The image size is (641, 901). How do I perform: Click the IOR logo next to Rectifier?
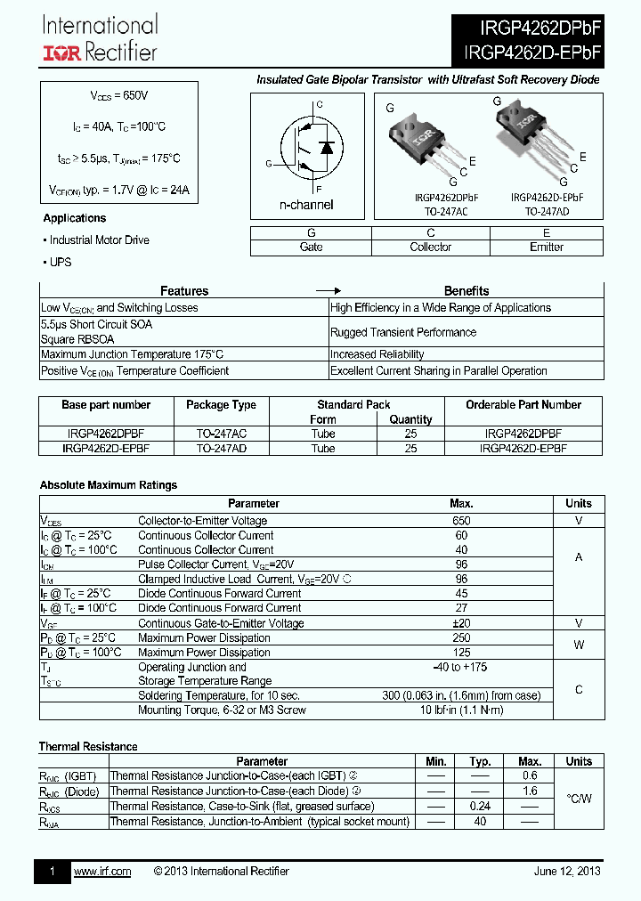point(62,53)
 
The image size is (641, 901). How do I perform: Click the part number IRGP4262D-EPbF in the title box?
point(532,53)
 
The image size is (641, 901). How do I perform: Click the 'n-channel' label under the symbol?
point(306,205)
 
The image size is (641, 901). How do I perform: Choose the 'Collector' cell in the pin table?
point(430,247)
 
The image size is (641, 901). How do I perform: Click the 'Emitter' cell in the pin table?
point(546,247)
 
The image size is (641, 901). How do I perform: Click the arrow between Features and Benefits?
point(329,291)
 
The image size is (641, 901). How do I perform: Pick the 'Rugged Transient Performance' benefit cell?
point(402,332)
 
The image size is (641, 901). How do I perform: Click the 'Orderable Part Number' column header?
point(523,405)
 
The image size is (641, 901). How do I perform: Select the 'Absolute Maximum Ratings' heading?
point(108,485)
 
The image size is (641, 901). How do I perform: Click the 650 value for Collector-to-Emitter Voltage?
point(461,521)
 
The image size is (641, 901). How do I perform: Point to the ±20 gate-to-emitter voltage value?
point(461,623)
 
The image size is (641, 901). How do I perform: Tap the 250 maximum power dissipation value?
point(461,638)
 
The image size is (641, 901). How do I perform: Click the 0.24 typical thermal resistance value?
point(480,806)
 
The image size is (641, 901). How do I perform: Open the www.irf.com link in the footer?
point(101,872)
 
